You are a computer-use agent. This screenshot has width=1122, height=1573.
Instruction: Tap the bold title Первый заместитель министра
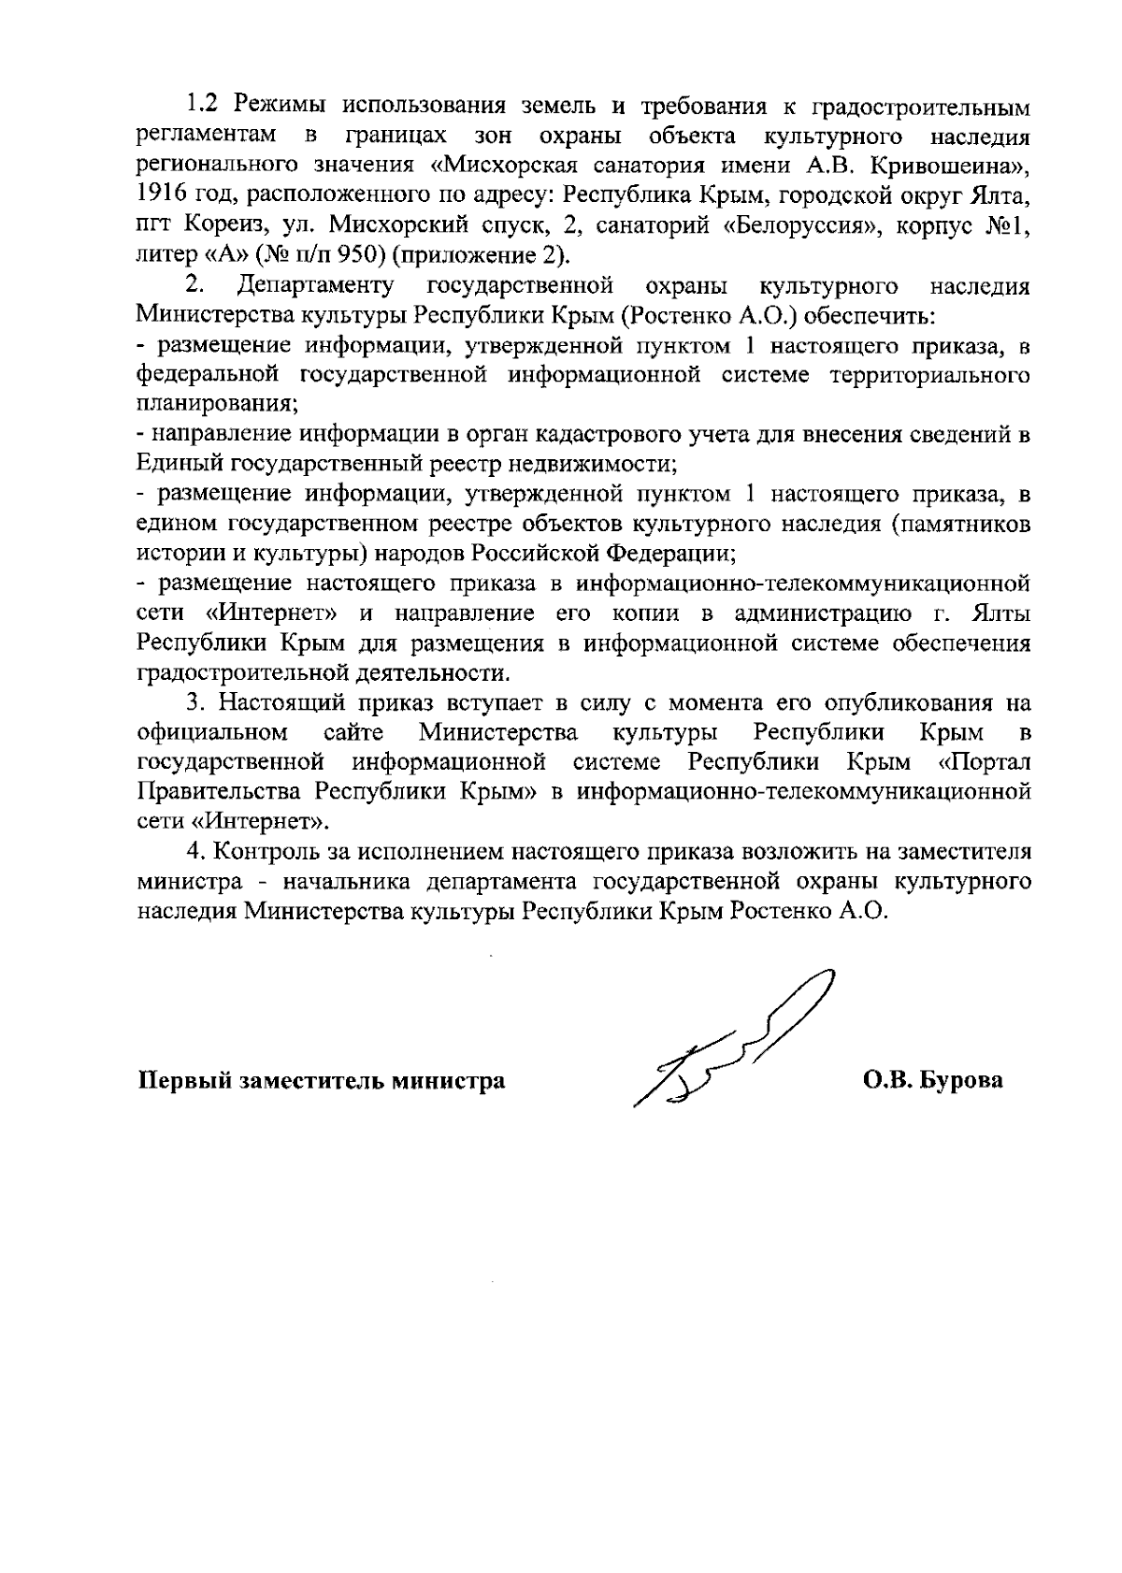coord(322,1081)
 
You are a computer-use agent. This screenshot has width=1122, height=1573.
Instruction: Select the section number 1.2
coord(204,107)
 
